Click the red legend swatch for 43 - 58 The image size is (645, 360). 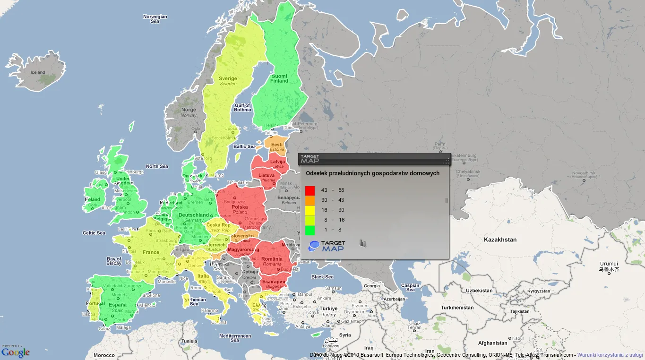310,190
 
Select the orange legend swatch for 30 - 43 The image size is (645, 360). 310,200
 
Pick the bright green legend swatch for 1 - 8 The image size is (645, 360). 310,230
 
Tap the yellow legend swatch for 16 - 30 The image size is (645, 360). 310,210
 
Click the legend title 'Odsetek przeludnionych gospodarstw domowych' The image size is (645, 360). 372,173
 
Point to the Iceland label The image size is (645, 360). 38,72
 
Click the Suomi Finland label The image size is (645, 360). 279,78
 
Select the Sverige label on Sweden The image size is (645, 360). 228,79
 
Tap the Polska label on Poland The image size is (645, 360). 240,207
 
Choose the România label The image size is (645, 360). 272,259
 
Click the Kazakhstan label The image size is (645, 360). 500,240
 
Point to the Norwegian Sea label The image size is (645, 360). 155,19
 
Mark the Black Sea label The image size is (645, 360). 322,277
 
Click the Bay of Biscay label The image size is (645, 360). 114,261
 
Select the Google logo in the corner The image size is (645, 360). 16,352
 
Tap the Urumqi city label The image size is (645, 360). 609,264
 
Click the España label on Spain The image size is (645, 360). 118,305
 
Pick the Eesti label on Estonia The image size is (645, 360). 276,145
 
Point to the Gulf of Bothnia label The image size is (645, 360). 242,107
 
